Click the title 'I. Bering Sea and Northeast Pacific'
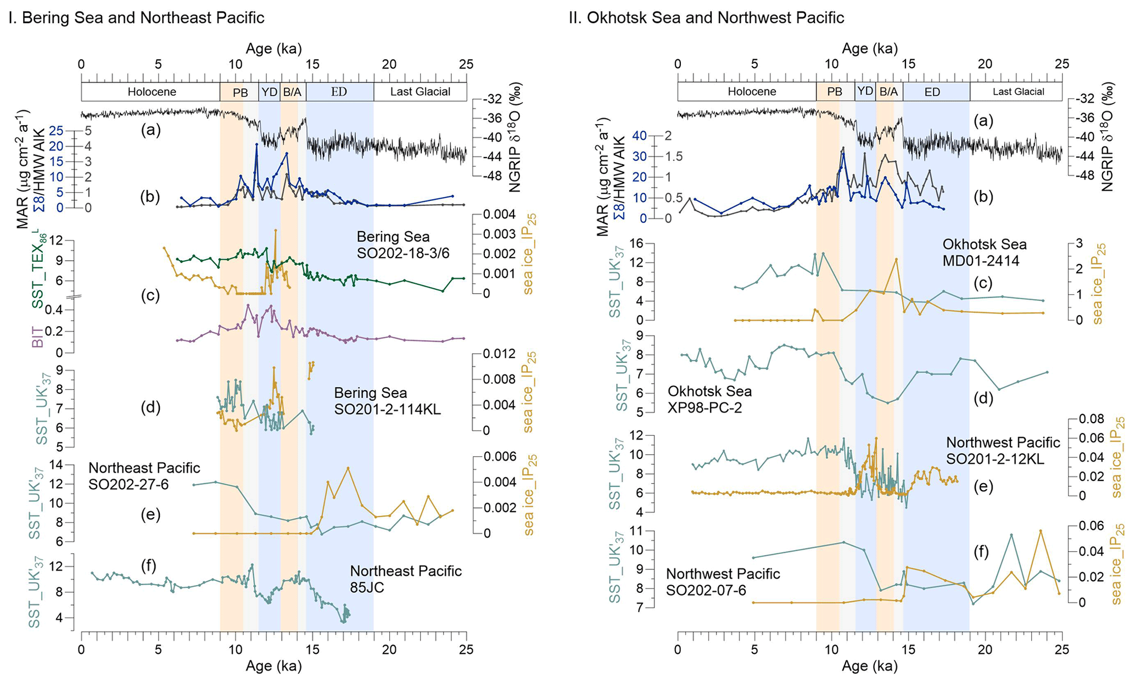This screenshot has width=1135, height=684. pos(136,18)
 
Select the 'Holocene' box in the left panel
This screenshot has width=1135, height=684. pos(151,92)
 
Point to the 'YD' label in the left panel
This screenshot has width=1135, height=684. pos(269,92)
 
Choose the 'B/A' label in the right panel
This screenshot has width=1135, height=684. pos(888,92)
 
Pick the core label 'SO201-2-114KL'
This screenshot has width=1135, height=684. pos(388,409)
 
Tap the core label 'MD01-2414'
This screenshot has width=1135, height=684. pos(981,261)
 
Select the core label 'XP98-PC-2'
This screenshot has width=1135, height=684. pos(705,407)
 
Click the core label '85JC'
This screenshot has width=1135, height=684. pos(367,587)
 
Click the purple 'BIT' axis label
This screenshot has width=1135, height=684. pos(38,336)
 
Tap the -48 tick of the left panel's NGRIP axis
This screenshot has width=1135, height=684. pos(493,176)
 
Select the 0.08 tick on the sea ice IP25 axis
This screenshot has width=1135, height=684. pos(1091,419)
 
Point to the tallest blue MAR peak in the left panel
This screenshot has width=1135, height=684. pos(256,144)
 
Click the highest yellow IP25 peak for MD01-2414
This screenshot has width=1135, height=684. pos(896,259)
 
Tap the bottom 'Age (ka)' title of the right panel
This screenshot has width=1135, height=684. pos(870,666)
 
